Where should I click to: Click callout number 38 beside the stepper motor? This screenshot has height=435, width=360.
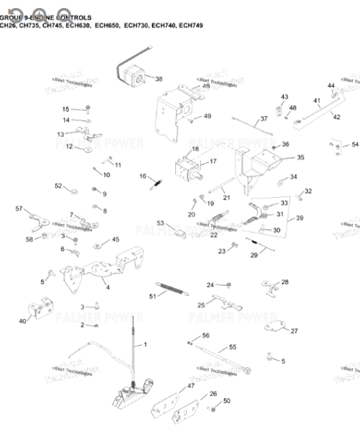(x=159, y=78)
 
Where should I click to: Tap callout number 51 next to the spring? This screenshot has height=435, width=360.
(x=152, y=297)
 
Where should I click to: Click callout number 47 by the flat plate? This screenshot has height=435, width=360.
(x=191, y=386)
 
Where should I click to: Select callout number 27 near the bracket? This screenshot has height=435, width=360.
(x=294, y=331)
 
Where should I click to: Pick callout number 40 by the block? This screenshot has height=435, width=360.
(x=22, y=321)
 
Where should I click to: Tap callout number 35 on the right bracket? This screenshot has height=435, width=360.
(x=301, y=157)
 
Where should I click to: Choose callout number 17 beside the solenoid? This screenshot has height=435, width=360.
(x=213, y=162)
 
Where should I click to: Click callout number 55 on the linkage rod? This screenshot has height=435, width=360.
(x=233, y=348)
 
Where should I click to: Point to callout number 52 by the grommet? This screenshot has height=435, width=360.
(x=59, y=186)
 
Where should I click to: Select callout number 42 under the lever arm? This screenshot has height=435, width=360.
(x=336, y=117)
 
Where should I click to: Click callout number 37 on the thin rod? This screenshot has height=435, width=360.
(x=264, y=119)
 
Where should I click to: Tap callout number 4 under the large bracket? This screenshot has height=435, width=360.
(x=107, y=287)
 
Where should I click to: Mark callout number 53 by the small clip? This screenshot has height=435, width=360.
(x=161, y=223)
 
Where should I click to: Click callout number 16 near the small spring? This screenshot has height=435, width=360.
(x=143, y=176)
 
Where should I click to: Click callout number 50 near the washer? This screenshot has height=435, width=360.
(x=226, y=401)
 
